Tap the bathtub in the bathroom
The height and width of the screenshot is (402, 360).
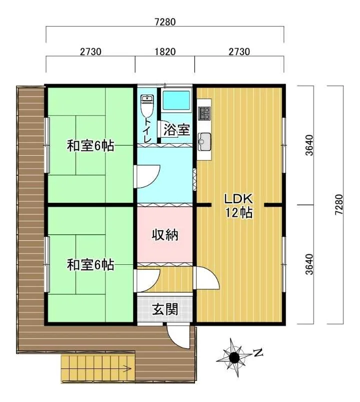pos(176,100)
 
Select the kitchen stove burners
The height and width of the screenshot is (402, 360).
pos(204,113)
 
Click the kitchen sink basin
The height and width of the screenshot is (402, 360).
pos(204,141)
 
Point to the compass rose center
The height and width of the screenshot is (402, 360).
pos(234,356)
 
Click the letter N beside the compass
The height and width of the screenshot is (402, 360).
pos(258,353)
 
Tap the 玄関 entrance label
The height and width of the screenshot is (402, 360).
pos(165,310)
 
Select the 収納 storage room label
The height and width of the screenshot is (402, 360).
pos(165,235)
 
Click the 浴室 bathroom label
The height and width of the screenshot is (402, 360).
pos(176,130)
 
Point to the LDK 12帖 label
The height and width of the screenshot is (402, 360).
pos(238,205)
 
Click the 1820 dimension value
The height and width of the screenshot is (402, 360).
pos(165,52)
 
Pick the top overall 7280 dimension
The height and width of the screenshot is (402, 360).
pos(165,22)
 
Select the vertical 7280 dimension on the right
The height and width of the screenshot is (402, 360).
pos(338,205)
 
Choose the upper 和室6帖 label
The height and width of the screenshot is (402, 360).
pos(90,146)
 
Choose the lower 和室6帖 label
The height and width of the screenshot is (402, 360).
pos(90,265)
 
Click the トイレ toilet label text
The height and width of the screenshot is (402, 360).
pos(147,130)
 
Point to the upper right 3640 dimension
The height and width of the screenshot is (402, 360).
pos(309,145)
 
